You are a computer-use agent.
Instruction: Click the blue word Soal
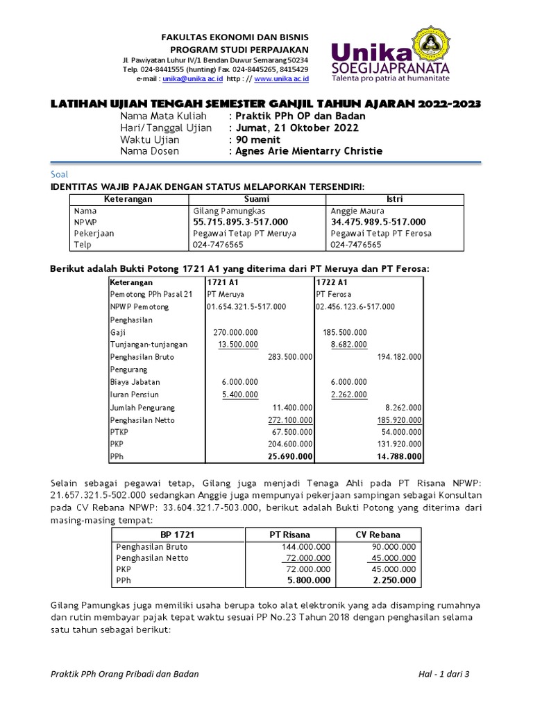click(60, 175)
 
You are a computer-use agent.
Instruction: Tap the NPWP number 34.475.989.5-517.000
click(378, 222)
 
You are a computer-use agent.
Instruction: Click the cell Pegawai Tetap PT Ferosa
click(380, 234)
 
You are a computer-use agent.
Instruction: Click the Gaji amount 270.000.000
click(236, 332)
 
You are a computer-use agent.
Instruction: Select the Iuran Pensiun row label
click(133, 395)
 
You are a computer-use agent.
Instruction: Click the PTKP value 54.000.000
click(400, 432)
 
